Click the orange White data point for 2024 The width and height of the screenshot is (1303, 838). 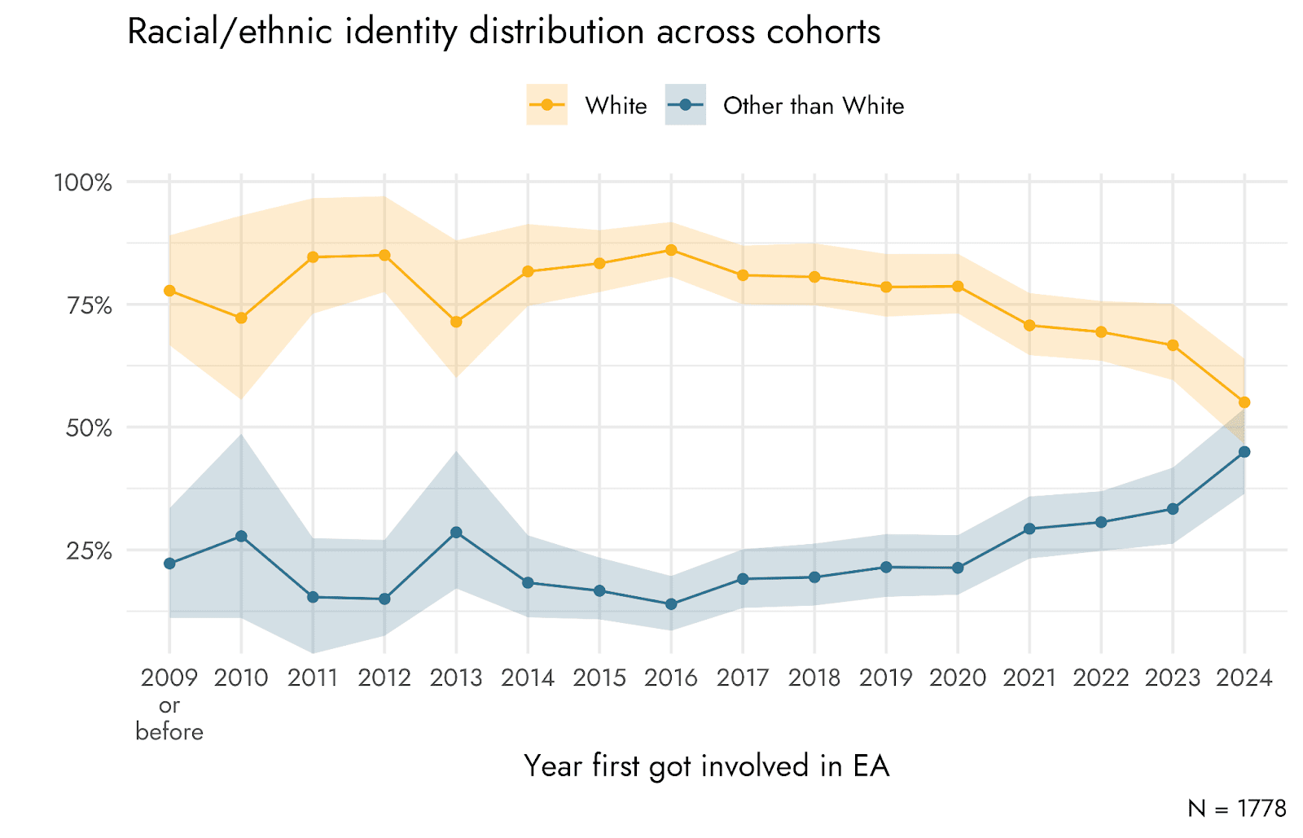(x=1244, y=402)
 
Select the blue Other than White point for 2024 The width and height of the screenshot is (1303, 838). (x=1244, y=452)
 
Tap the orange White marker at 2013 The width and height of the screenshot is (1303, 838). (x=456, y=322)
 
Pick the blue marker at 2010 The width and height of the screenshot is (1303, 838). (x=241, y=537)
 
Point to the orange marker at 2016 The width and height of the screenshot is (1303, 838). (x=671, y=250)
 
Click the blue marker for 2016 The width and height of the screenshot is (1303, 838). (x=671, y=604)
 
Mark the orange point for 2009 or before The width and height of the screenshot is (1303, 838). (x=169, y=291)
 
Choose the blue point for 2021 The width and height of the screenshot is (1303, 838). (x=1029, y=529)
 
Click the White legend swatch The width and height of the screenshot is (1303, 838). (x=546, y=105)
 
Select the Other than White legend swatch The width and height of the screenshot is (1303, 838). (x=685, y=105)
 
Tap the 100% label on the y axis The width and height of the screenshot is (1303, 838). (x=82, y=182)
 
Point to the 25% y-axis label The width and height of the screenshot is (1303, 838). (x=89, y=551)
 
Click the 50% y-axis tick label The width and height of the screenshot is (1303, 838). (x=88, y=428)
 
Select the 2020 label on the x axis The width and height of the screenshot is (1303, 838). (x=958, y=678)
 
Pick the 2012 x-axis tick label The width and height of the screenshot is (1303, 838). (x=384, y=678)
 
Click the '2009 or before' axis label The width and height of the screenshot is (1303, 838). (x=169, y=704)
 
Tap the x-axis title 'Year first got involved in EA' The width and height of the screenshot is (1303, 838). (x=706, y=766)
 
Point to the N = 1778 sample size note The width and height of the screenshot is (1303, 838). (x=1236, y=808)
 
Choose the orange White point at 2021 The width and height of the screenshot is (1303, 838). (x=1029, y=326)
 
